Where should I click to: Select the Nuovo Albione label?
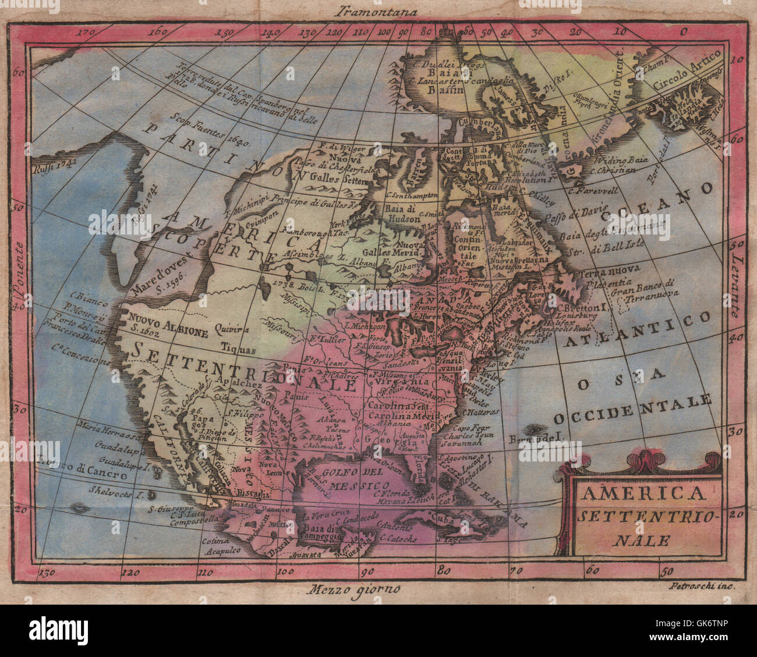click(168, 322)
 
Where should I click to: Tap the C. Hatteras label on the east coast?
click(481, 412)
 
